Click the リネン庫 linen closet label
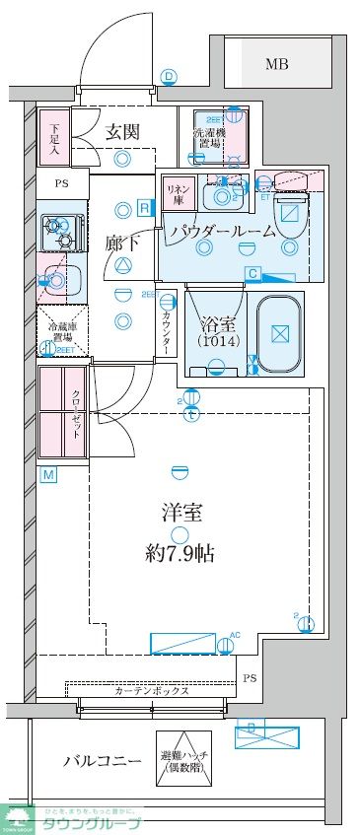click(178, 192)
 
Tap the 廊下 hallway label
click(123, 241)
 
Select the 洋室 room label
click(182, 513)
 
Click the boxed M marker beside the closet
click(47, 475)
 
